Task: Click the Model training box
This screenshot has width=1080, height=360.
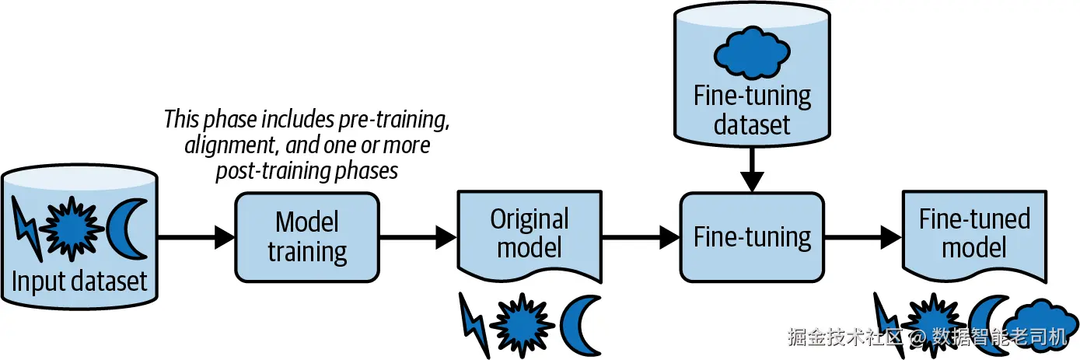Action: (x=307, y=237)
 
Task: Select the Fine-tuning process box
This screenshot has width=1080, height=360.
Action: (x=752, y=237)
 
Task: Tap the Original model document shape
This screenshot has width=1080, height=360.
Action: (x=530, y=235)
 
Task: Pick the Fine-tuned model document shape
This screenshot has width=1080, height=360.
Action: (x=974, y=235)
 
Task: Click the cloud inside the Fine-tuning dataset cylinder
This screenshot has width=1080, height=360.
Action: (x=752, y=53)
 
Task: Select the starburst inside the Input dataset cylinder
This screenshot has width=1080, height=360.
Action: (x=72, y=229)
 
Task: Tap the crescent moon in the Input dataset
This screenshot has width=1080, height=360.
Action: (x=125, y=229)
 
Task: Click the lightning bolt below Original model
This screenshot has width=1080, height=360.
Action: (x=474, y=325)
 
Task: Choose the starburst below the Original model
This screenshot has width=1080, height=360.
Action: (x=523, y=324)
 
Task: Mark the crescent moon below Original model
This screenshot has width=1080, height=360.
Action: (x=579, y=325)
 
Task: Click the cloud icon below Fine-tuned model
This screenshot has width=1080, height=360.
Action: (x=1041, y=324)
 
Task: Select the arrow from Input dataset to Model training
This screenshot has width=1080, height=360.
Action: (x=196, y=237)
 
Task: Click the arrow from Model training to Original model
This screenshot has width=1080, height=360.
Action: (x=418, y=237)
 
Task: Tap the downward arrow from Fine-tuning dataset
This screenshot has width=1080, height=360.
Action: (x=752, y=169)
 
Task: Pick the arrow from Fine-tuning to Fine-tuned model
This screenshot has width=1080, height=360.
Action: (x=863, y=237)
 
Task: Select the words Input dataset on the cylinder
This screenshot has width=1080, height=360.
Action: (x=79, y=281)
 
